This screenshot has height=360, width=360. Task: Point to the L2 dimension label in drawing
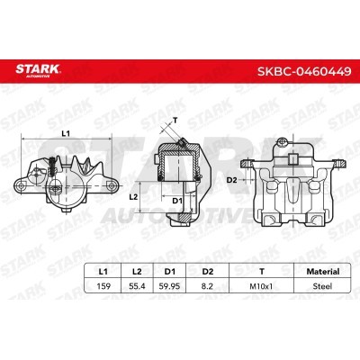tap(132, 195)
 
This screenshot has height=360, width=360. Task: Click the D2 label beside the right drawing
tap(231, 179)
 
